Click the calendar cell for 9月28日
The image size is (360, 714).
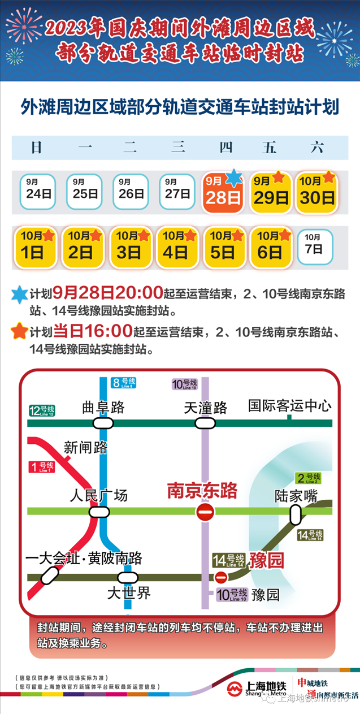pyautogui.click(x=223, y=192)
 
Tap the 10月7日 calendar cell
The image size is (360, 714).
pyautogui.click(x=315, y=246)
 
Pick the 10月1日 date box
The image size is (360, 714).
pyautogui.click(x=34, y=247)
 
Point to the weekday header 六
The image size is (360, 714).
pyautogui.click(x=317, y=148)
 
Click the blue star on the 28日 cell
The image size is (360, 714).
pyautogui.click(x=233, y=178)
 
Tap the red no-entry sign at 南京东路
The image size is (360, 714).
pyautogui.click(x=205, y=513)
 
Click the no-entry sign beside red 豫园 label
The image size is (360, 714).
pyautogui.click(x=221, y=577)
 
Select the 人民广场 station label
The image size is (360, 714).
pyautogui.click(x=99, y=496)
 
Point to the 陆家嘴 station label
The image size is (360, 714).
pyautogui.click(x=296, y=496)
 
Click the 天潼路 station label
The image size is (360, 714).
pyautogui.click(x=205, y=407)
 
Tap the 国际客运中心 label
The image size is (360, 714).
pyautogui.click(x=290, y=405)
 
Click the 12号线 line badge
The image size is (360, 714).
pyautogui.click(x=42, y=411)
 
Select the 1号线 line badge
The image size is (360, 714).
pyautogui.click(x=41, y=467)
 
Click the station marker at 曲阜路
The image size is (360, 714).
pyautogui.click(x=103, y=423)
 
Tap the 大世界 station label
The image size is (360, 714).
pyautogui.click(x=129, y=594)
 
